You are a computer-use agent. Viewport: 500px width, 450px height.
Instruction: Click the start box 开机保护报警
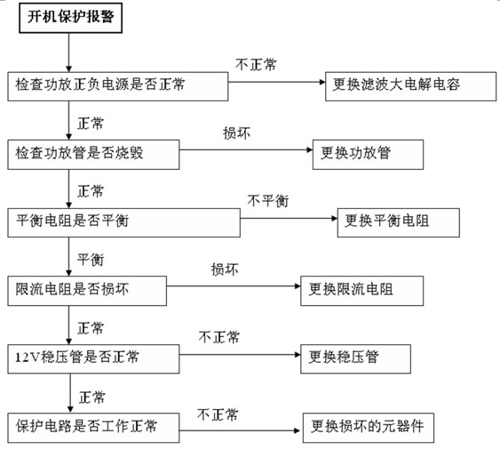coord(70,18)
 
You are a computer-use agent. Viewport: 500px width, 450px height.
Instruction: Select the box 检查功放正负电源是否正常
coord(117,86)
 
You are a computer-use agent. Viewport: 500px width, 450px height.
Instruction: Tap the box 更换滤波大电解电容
coord(410,86)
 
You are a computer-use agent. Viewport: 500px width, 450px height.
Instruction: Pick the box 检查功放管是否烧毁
coord(93,155)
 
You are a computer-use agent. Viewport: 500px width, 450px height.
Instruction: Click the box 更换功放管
coord(368,155)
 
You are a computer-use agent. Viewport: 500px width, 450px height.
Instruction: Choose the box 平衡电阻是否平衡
coord(123,222)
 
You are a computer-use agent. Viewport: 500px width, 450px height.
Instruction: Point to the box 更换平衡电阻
coord(398,222)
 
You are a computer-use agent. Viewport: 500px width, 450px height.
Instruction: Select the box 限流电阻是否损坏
coord(87,291)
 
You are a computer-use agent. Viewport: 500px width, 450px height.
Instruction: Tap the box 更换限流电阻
coord(362,291)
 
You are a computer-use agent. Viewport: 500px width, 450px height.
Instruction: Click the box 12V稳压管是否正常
coord(93,359)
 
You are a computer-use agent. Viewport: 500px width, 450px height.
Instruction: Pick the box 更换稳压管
coord(355,359)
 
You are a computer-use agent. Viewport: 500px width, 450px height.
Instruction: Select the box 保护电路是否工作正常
coord(93,428)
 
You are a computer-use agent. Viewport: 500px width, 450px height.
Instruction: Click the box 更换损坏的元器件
coord(369,428)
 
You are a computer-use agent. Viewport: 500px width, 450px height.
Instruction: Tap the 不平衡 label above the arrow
coord(268,201)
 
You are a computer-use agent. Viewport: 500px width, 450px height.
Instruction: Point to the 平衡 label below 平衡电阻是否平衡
coord(91,260)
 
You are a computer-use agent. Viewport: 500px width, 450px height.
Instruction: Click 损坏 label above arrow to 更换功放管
coord(236,133)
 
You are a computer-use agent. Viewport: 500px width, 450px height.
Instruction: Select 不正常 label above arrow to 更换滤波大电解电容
coord(256,65)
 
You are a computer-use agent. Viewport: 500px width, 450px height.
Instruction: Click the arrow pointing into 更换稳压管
coord(240,355)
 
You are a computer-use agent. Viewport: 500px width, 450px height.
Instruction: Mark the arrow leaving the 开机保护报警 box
coord(68,52)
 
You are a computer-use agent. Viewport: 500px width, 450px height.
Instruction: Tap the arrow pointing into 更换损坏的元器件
coord(240,430)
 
